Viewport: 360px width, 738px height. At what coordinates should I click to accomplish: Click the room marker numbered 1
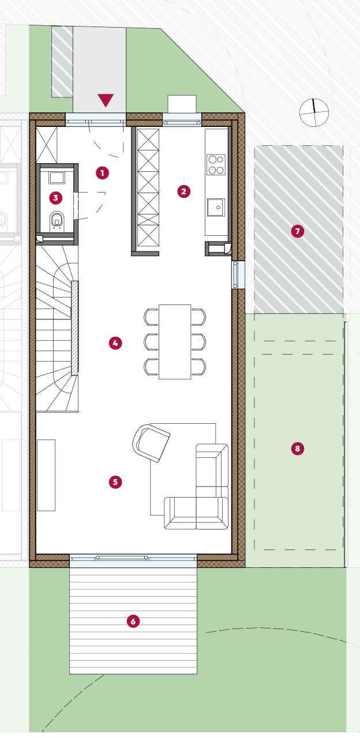[102, 173]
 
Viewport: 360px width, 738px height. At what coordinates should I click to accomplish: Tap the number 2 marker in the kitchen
[183, 191]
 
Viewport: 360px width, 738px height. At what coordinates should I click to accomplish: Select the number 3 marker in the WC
[56, 198]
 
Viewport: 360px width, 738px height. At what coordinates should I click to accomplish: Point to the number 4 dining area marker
[115, 343]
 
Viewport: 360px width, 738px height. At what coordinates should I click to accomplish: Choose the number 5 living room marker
[115, 482]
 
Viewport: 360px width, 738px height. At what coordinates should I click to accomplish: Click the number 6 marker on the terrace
[133, 622]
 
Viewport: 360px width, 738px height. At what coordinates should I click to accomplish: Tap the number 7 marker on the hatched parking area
[297, 231]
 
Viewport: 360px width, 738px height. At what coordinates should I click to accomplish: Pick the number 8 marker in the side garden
[297, 449]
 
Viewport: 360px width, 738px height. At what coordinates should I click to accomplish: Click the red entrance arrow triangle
[106, 100]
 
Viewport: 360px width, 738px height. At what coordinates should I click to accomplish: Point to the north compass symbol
[314, 112]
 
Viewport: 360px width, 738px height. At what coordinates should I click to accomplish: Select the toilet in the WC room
[57, 220]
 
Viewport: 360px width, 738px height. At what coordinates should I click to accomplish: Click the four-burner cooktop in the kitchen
[216, 164]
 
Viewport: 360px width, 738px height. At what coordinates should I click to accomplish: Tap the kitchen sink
[216, 207]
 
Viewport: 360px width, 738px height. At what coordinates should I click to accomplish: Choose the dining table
[175, 342]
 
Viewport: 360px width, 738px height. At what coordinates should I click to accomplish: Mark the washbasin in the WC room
[57, 177]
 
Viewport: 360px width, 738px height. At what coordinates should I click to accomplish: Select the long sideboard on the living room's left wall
[46, 475]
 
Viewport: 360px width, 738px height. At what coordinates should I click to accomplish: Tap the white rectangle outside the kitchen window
[182, 104]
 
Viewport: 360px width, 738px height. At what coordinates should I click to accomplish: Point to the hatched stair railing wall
[75, 328]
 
